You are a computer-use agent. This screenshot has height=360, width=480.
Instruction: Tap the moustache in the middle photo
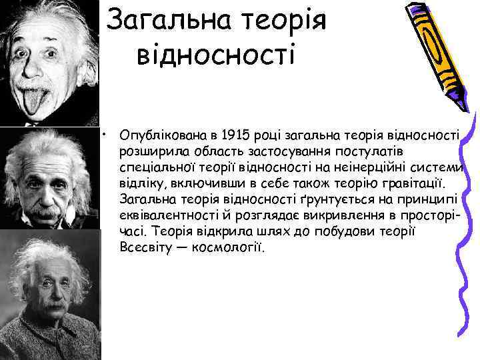click(x=47, y=209)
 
